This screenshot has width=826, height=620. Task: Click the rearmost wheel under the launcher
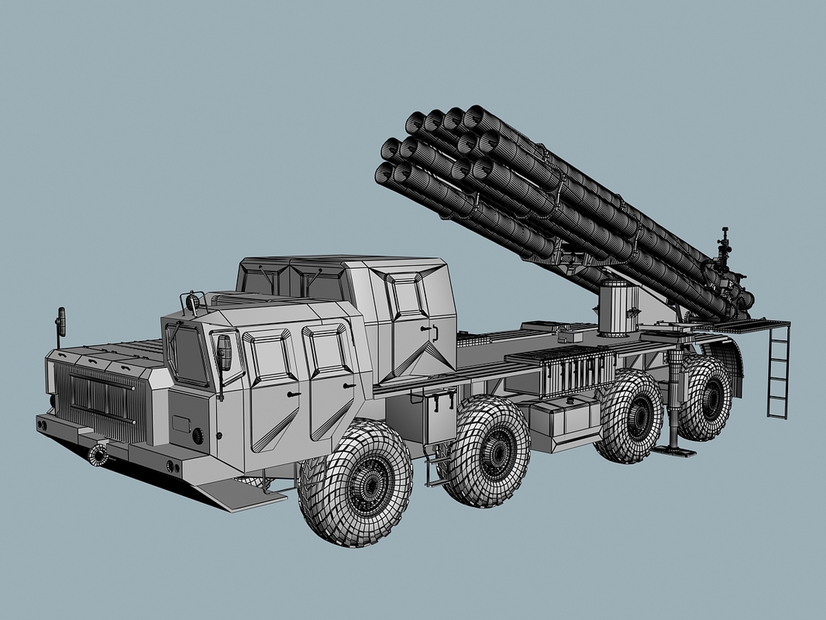(704, 398)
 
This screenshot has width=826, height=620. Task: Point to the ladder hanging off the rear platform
(777, 371)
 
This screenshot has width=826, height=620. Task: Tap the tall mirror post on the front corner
(59, 325)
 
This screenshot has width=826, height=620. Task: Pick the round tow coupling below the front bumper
(98, 455)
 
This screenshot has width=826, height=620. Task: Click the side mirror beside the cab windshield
(225, 353)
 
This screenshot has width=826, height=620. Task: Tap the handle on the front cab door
(292, 394)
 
